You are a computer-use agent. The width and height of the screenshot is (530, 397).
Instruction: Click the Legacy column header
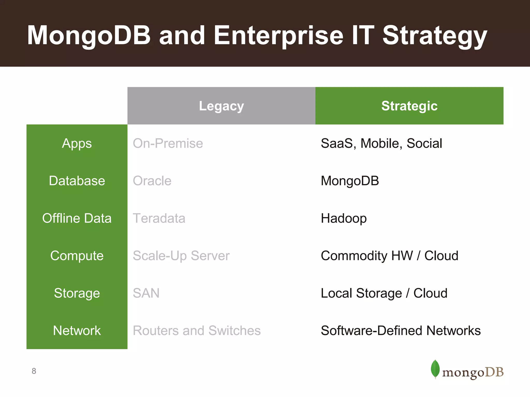pos(221,106)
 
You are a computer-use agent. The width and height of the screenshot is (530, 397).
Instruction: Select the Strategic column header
pos(409,106)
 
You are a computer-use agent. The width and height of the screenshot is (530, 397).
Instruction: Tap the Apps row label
pos(77,143)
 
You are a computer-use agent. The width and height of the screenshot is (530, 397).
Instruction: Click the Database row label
pos(77,181)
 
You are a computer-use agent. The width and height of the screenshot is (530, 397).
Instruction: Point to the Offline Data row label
pos(77,218)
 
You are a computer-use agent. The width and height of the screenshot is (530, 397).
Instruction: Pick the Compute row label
pos(77,256)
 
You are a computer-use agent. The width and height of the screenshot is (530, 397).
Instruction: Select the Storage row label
pos(77,293)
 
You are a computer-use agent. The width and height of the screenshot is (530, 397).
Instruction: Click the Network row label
pos(77,331)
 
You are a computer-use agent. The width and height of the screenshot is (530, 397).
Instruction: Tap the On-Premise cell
pos(168,143)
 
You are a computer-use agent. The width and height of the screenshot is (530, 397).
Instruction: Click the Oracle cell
pos(152,181)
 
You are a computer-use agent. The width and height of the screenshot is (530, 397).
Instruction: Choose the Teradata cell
pos(159,218)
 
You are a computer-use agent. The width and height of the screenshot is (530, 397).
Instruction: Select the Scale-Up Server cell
pos(181,256)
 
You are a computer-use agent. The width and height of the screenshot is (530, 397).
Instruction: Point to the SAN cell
pos(146,293)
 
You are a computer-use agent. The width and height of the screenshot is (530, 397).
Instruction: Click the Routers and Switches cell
pos(196,331)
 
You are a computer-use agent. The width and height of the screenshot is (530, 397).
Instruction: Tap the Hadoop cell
pos(343,218)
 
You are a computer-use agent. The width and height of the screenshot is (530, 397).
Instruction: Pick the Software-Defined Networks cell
pos(400,331)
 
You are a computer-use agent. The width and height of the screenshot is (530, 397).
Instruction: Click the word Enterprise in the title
pos(278,36)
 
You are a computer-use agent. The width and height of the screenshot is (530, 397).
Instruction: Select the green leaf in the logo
pos(435,369)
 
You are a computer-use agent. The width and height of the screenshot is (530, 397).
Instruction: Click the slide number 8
pos(34,371)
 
